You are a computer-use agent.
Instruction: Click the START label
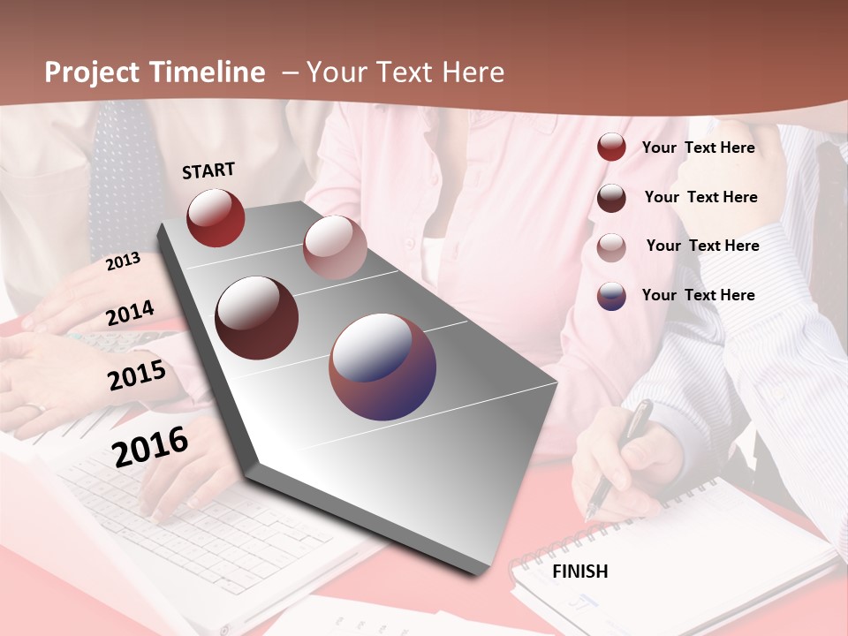208,170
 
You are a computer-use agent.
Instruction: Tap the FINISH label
579,572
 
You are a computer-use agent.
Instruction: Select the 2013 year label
123,261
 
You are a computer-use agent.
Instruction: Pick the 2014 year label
130,314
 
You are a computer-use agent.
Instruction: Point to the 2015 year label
136,375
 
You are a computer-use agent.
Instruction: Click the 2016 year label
150,446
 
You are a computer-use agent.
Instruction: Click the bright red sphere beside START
216,217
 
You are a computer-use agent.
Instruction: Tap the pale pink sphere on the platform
335,247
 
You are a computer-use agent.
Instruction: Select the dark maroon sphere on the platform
257,318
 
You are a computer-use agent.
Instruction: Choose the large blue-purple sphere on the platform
382,367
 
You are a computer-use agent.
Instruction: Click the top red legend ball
611,148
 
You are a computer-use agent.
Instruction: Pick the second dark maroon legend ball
611,198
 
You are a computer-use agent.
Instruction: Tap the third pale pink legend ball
611,247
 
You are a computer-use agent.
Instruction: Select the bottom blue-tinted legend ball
611,296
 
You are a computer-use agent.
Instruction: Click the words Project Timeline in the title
155,72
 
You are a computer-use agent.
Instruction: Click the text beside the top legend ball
698,148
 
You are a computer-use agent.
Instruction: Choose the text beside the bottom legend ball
698,295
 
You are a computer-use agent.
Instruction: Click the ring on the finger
36,408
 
